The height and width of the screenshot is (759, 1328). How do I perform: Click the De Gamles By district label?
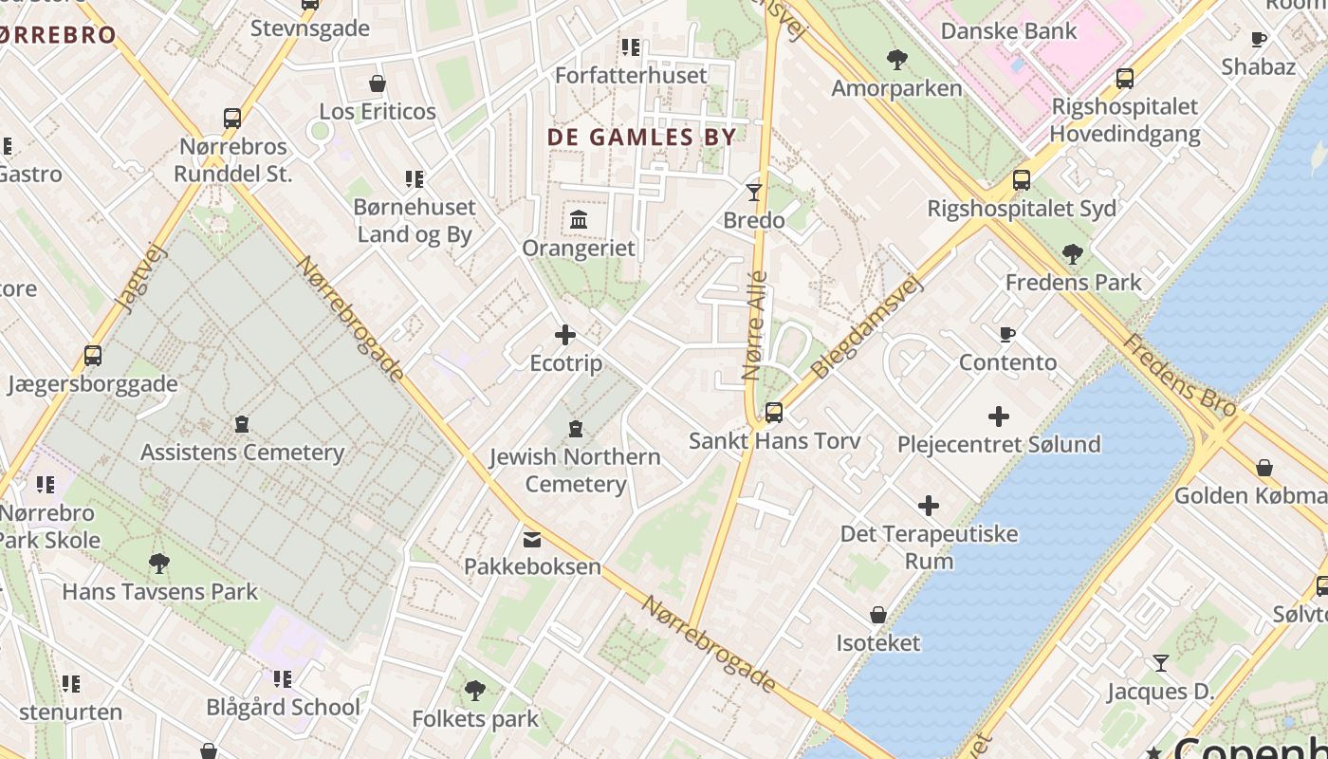coord(641,137)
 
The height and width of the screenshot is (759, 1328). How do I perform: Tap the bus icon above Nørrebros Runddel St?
coord(232,119)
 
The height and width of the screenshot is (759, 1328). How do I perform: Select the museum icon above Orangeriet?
coord(579,220)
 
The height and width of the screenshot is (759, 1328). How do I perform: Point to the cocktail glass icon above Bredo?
coord(754,193)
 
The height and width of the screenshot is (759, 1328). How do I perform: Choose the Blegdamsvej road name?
coord(867,327)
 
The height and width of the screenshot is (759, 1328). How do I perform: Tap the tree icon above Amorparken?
coord(896,61)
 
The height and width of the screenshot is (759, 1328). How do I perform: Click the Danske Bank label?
coord(1008,30)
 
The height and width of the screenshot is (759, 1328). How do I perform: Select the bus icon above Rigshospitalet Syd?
coord(1022,180)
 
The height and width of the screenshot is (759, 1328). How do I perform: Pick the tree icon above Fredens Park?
coord(1073,254)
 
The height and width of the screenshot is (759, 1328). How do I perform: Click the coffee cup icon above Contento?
coord(1007,334)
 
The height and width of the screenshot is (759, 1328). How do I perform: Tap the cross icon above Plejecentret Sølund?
coord(999,417)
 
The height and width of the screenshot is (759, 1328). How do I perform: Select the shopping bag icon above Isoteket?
coord(878,615)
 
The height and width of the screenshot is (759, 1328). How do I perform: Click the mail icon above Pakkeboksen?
coord(532,539)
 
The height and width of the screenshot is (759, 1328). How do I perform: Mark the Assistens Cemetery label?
coord(242,453)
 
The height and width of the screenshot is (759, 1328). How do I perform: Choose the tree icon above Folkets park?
coord(475,691)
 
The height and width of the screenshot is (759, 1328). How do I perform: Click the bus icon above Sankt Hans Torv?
coord(774,413)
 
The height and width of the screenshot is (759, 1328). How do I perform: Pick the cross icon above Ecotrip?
coord(565,335)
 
